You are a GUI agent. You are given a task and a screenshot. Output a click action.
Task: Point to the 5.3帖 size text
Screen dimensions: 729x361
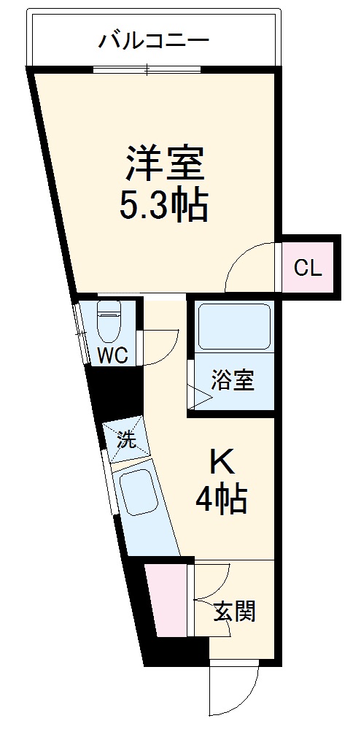tap(165, 206)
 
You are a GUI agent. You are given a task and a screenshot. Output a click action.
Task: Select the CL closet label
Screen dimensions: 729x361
tap(308, 269)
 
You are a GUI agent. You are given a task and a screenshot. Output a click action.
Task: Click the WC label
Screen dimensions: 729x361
tap(113, 356)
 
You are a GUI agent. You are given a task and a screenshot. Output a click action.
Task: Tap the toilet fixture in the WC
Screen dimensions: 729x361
tap(109, 322)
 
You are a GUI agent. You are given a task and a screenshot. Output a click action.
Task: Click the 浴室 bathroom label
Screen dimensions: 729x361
tap(233, 380)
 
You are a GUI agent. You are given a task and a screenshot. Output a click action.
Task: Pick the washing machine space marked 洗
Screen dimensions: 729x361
tap(127, 439)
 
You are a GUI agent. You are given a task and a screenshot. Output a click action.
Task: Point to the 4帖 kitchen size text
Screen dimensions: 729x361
tap(220, 501)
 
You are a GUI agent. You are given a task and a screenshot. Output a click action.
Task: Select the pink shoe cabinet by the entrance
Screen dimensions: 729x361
tap(166, 598)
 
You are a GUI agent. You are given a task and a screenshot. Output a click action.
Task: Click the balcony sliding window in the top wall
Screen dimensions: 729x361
tap(147, 70)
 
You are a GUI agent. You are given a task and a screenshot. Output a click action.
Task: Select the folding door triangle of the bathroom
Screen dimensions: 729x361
tap(200, 396)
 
